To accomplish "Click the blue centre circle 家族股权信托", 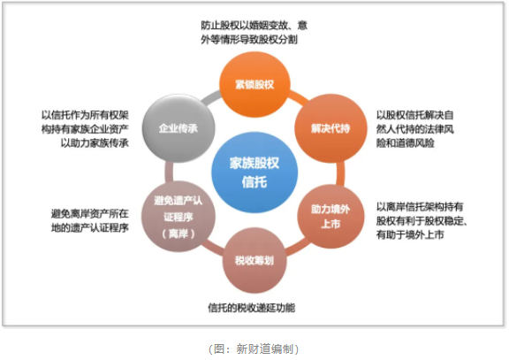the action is tap(254, 172).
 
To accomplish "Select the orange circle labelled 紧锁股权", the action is tap(254, 85).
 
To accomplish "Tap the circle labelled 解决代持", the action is tap(330, 128).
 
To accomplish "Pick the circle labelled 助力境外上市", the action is tap(330, 217).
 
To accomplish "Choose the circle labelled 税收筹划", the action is tap(254, 260).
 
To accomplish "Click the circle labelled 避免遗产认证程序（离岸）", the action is tap(179, 217).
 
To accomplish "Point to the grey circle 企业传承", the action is tap(179, 128).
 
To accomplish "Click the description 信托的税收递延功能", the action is tap(252, 307).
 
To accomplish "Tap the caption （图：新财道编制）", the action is tap(254, 349).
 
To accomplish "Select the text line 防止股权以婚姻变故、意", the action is tap(254, 25).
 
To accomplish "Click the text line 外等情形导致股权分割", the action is tap(249, 39).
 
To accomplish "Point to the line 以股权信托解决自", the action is tap(414, 115).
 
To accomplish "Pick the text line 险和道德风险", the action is tap(405, 143).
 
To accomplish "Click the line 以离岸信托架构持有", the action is tap(420, 206).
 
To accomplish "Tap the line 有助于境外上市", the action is tap(410, 234).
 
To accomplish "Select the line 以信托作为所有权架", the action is tap(85, 115).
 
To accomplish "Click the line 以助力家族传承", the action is tap(95, 143).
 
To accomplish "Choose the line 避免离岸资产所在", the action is tap(90, 213).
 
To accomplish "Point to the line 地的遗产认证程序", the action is tap(90, 227).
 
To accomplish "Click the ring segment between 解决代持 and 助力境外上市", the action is tap(340, 173).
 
